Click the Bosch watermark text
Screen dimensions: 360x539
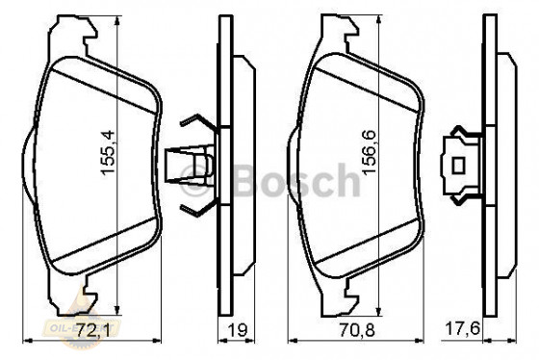(298, 180)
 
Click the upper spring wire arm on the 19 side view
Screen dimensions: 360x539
(197, 124)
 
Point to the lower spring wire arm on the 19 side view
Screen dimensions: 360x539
(197, 209)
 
